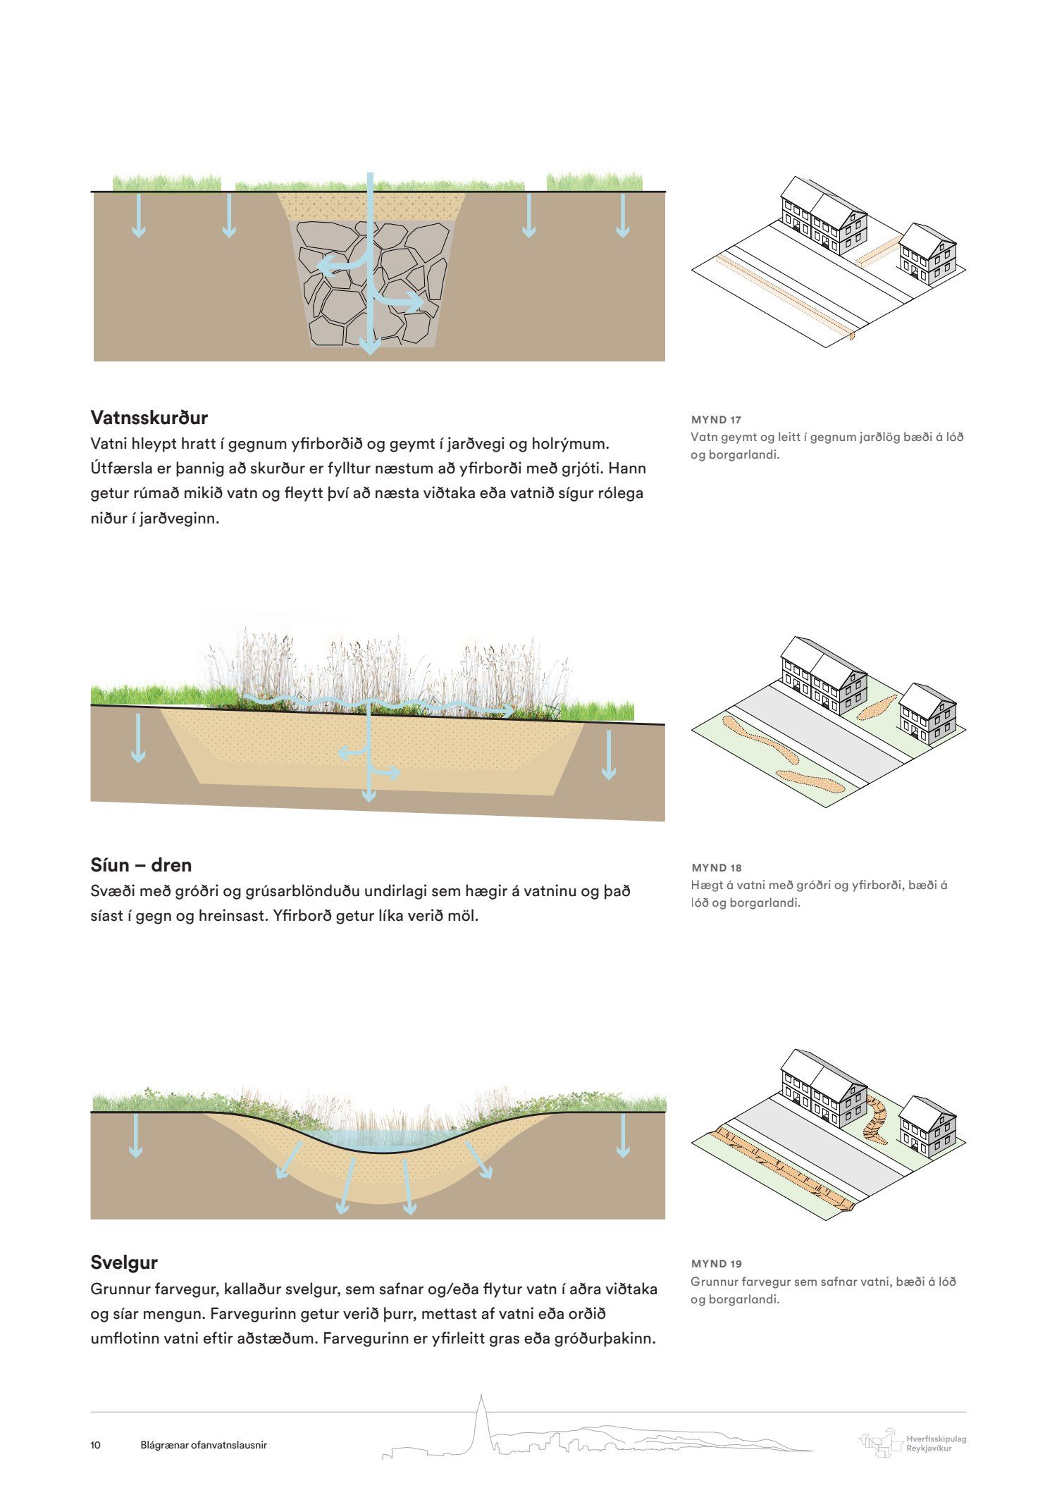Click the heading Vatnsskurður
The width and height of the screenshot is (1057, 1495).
point(149,418)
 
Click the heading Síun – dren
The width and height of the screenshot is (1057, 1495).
point(141,864)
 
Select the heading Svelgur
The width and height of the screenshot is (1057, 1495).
point(124,1262)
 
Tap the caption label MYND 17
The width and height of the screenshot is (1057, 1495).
point(716,420)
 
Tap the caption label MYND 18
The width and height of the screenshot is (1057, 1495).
point(716,867)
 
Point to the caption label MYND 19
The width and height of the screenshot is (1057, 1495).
point(716,1264)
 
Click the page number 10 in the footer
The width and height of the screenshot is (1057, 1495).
point(96,1445)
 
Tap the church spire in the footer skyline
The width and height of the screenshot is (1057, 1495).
point(481,1416)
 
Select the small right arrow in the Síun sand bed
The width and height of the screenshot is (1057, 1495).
point(392,772)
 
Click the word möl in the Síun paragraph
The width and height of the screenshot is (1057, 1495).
point(463,917)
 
